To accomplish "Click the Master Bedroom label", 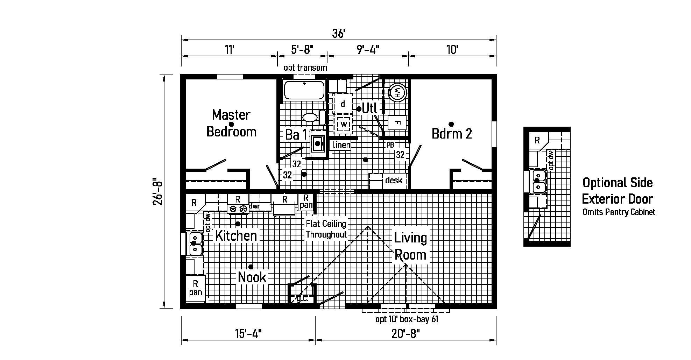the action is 231,123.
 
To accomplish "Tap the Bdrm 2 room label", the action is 452,133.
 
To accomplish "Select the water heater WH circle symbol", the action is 397,92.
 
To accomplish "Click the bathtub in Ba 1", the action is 303,90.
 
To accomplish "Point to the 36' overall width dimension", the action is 338,34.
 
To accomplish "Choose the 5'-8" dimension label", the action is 302,50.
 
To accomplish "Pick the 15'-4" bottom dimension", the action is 248,334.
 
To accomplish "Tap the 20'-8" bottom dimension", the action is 406,334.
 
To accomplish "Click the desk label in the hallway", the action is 394,181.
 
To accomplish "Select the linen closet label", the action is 342,145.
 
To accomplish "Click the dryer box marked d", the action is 343,104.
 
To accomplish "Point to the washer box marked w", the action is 344,124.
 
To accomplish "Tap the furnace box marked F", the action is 397,123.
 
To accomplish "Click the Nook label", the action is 252,277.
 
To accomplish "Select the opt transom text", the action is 305,68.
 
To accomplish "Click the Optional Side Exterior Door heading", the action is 618,191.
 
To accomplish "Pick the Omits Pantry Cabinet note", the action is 619,212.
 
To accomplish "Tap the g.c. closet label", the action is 302,298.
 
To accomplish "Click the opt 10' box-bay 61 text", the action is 407,319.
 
